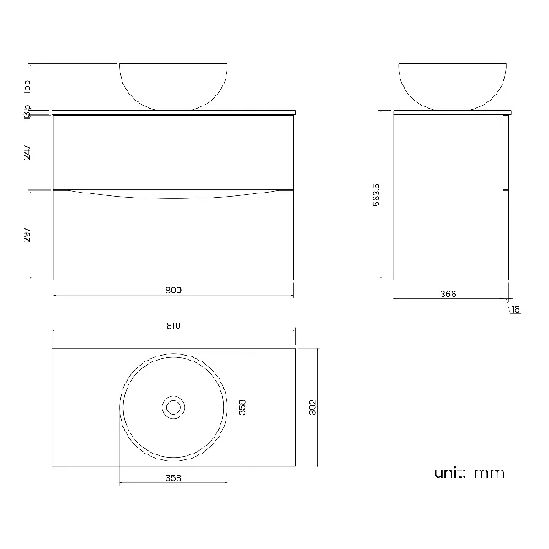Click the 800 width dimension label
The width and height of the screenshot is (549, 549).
point(173,289)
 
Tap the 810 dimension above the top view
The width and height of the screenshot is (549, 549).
point(173,325)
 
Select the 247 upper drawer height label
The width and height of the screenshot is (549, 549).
point(28,152)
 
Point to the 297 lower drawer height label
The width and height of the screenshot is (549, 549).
point(28,234)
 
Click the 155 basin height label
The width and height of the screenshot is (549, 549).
point(28,86)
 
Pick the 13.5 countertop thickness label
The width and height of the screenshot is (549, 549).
point(28,111)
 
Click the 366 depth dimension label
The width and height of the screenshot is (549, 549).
point(448,294)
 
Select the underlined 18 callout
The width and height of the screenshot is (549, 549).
point(515,310)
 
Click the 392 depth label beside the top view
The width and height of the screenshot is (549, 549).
point(313,407)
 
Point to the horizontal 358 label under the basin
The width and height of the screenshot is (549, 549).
point(173,477)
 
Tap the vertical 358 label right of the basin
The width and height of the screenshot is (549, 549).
point(242,407)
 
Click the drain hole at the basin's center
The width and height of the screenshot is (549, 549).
point(173,407)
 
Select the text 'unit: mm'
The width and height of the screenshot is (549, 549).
point(469,473)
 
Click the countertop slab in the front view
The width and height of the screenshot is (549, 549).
point(173,111)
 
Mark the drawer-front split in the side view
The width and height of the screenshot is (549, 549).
point(506,190)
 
